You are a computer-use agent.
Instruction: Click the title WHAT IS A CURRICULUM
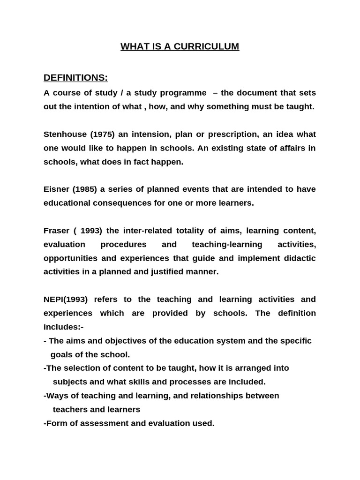pyautogui.click(x=180, y=46)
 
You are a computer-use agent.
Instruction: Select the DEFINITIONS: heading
pyautogui.click(x=75, y=77)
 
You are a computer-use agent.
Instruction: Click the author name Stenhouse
pyautogui.click(x=62, y=135)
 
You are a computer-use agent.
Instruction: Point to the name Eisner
pyautogui.click(x=56, y=189)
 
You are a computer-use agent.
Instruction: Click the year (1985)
pyautogui.click(x=84, y=189)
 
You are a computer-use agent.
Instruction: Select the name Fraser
pyautogui.click(x=56, y=231)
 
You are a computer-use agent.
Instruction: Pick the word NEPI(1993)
pyautogui.click(x=66, y=299)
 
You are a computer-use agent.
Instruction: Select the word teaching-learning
pyautogui.click(x=227, y=244)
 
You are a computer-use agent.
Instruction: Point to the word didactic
pyautogui.click(x=300, y=258)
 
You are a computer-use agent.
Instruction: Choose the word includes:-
pyautogui.click(x=63, y=327)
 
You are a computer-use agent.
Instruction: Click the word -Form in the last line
pyautogui.click(x=55, y=423)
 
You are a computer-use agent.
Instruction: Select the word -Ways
pyautogui.click(x=56, y=396)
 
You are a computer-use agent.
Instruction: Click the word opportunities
pyautogui.click(x=70, y=258)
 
